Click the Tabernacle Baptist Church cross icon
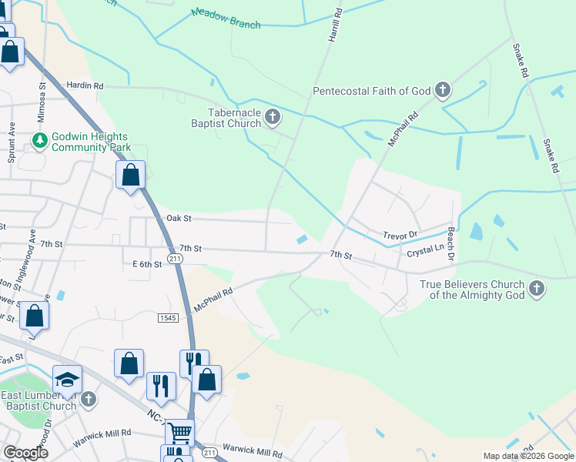click(273, 118)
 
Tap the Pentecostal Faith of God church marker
click(442, 91)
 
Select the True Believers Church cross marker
click(537, 290)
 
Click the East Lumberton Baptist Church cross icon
click(89, 399)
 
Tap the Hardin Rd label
click(85, 85)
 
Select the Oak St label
click(178, 219)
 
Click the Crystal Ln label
click(425, 249)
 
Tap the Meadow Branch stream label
click(226, 18)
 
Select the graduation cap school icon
click(67, 378)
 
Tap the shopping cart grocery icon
click(179, 433)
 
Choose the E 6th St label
click(147, 264)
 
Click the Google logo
click(25, 453)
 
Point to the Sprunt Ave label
click(12, 140)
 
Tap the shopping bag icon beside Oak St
click(131, 174)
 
